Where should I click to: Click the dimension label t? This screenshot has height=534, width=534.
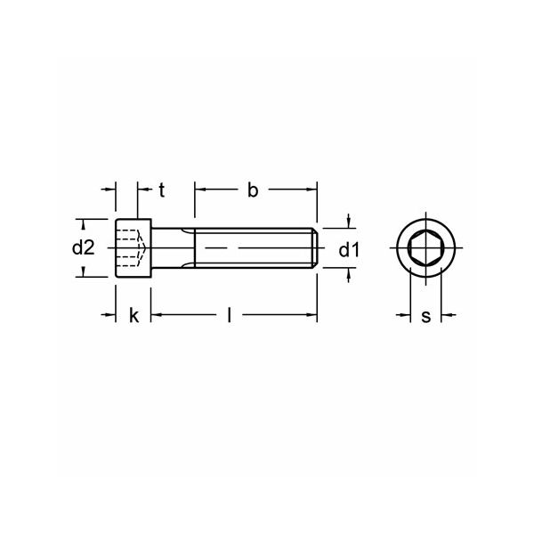[161, 189]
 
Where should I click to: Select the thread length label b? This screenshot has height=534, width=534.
[253, 189]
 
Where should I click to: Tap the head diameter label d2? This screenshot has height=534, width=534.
[83, 248]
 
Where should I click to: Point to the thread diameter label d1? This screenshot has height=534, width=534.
[349, 250]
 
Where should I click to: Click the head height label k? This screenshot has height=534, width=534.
[133, 315]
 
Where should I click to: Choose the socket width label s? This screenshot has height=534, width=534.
[425, 315]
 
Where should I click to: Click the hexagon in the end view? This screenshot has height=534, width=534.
[425, 247]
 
